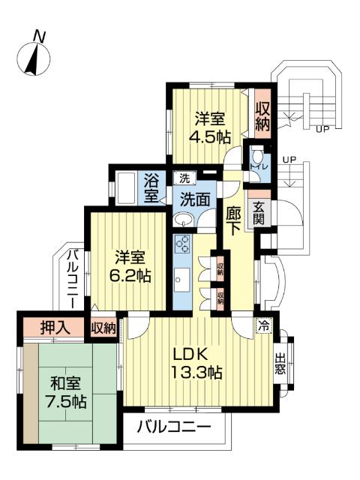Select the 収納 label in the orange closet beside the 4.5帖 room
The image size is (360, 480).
[262, 115]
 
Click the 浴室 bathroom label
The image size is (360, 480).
[151, 188]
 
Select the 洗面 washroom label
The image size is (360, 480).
[195, 200]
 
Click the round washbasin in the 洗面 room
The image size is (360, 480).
[182, 219]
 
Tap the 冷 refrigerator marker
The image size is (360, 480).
[262, 325]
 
